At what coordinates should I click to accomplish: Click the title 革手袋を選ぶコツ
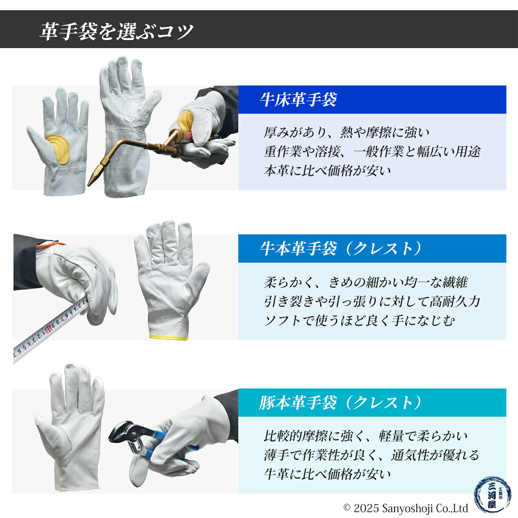(116, 31)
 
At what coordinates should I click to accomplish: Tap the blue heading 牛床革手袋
(298, 100)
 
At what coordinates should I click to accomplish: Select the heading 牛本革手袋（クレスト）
(340, 249)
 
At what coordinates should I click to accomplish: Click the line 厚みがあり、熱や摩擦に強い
(346, 132)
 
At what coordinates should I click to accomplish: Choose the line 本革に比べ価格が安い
(327, 170)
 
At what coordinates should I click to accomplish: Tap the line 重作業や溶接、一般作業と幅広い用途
(372, 151)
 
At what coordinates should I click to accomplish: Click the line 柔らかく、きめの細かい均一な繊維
(365, 282)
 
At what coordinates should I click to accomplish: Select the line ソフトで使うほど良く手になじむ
(359, 321)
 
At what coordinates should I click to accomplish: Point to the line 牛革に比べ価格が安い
(327, 474)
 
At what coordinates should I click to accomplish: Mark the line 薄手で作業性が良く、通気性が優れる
(371, 455)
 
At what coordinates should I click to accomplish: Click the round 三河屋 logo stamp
(492, 495)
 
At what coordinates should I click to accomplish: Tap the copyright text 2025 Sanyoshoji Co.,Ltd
(406, 508)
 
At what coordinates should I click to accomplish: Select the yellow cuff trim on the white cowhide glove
(169, 337)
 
